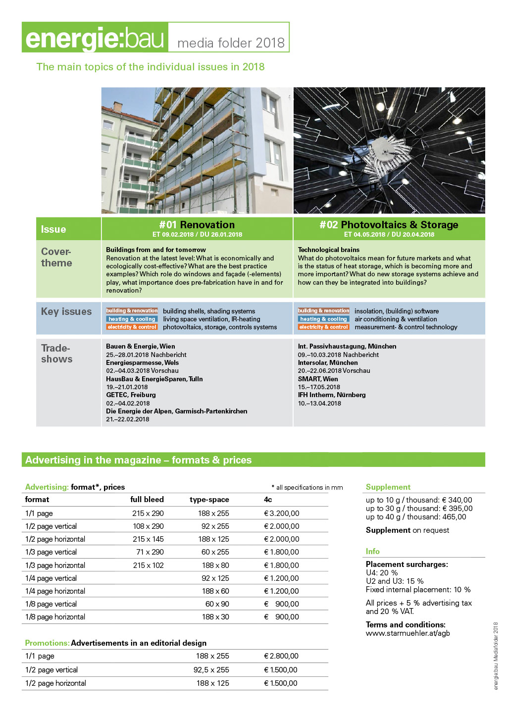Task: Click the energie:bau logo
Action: point(95,38)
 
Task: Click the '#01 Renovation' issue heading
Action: point(197,225)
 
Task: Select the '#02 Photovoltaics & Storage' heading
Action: point(389,225)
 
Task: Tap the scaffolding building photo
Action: point(197,151)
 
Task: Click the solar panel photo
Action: point(389,151)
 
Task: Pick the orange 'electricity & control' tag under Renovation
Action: point(132,327)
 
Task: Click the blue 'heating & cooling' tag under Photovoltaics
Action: point(323,319)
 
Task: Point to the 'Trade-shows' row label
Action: point(56,354)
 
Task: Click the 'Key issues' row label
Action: point(66,311)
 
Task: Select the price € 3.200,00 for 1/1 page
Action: point(281,513)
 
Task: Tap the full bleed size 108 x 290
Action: point(148,526)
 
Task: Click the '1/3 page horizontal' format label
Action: point(55,565)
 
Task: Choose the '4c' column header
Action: point(268,500)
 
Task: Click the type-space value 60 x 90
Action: point(217,604)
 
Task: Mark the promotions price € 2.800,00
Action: point(281,656)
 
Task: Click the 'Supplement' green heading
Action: point(388,487)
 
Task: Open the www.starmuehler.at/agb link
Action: point(407,633)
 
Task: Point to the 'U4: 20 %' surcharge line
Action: point(382,573)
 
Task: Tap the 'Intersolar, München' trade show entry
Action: point(328,363)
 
